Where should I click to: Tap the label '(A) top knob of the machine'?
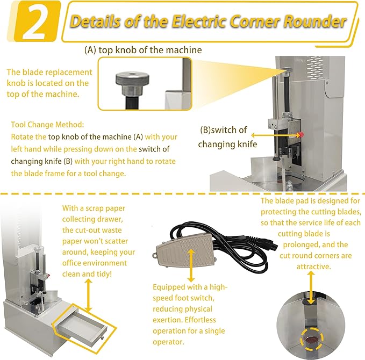coord(143,50)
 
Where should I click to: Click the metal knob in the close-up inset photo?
coord(131,79)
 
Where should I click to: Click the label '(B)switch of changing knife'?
coord(223,138)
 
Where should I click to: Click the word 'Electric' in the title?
coord(207,22)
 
